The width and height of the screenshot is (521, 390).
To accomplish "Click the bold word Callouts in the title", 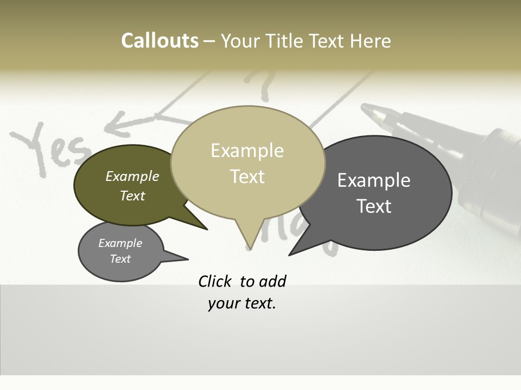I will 160,41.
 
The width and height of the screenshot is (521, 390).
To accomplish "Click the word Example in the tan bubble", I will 247,151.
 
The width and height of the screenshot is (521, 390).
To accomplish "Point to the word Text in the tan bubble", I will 247,177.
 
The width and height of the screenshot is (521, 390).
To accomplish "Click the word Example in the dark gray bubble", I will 374,180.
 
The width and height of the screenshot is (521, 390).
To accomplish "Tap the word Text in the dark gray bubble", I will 374,206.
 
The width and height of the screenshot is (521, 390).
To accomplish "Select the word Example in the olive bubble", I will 132,177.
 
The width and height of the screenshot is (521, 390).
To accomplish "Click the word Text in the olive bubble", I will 132,196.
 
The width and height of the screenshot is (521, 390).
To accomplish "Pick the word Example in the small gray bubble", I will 120,243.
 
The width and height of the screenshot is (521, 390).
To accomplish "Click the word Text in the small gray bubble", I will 120,259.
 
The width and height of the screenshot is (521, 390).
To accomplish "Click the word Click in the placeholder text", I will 216,281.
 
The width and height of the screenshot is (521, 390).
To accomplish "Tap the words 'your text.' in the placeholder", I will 242,303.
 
